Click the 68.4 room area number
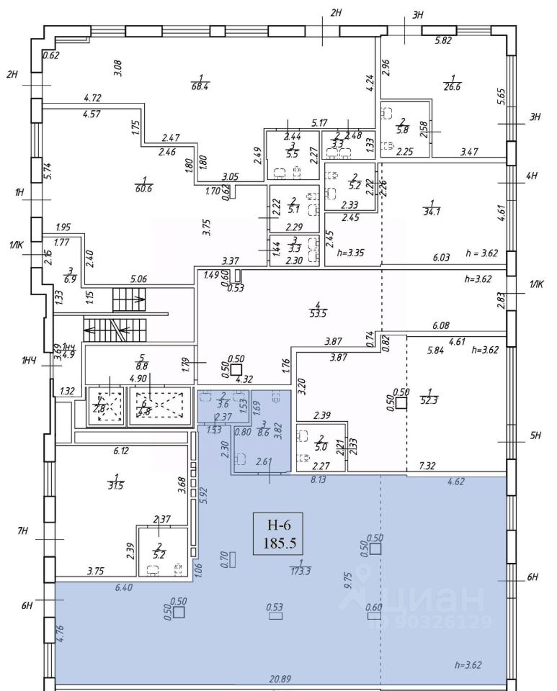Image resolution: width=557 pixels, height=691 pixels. pos(201,87)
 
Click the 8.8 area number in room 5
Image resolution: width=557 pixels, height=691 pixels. pos(142,365)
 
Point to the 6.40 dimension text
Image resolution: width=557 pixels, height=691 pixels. pos(124,588)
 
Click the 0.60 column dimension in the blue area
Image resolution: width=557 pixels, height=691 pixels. pos(373,608)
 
